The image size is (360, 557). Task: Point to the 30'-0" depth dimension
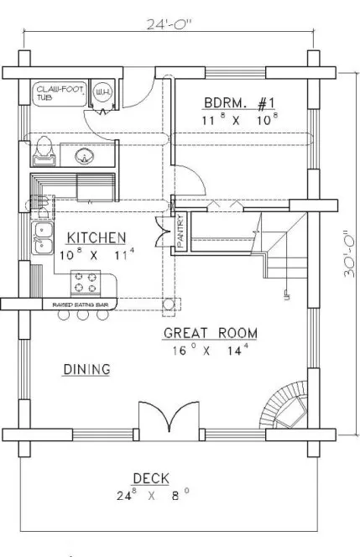coord(344,253)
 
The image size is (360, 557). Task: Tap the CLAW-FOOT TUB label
coord(55,91)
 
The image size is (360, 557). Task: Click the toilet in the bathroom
coord(43,151)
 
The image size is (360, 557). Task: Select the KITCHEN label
coord(97,237)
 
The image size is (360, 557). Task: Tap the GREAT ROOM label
coord(210,334)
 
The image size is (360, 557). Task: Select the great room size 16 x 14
coord(210,349)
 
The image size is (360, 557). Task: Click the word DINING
coord(88,368)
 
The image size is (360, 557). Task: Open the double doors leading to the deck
coord(170,419)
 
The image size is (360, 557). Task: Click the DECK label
coord(150,478)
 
